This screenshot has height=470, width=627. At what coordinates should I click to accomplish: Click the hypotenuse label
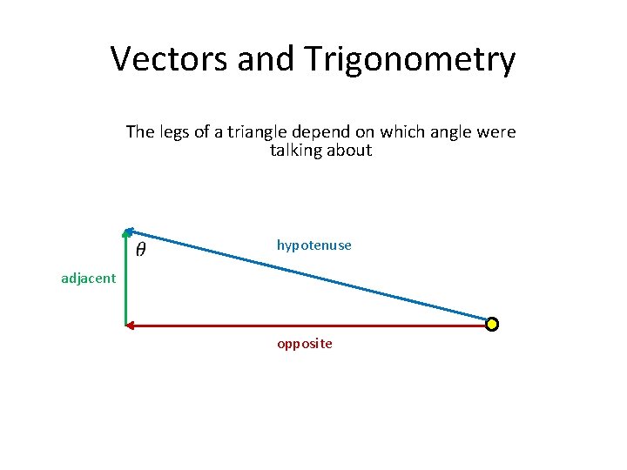313,245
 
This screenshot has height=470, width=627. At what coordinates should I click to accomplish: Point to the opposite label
304,344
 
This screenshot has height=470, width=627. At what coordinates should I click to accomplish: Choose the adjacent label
88,279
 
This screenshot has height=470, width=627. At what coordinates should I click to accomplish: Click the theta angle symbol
141,250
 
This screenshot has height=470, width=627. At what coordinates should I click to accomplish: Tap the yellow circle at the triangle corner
492,325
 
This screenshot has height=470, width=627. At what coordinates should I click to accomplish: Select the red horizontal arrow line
305,326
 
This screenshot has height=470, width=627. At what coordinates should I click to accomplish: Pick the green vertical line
126,279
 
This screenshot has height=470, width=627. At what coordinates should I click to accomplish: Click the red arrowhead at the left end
131,326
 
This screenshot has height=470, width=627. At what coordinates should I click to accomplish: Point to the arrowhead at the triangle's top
128,232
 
